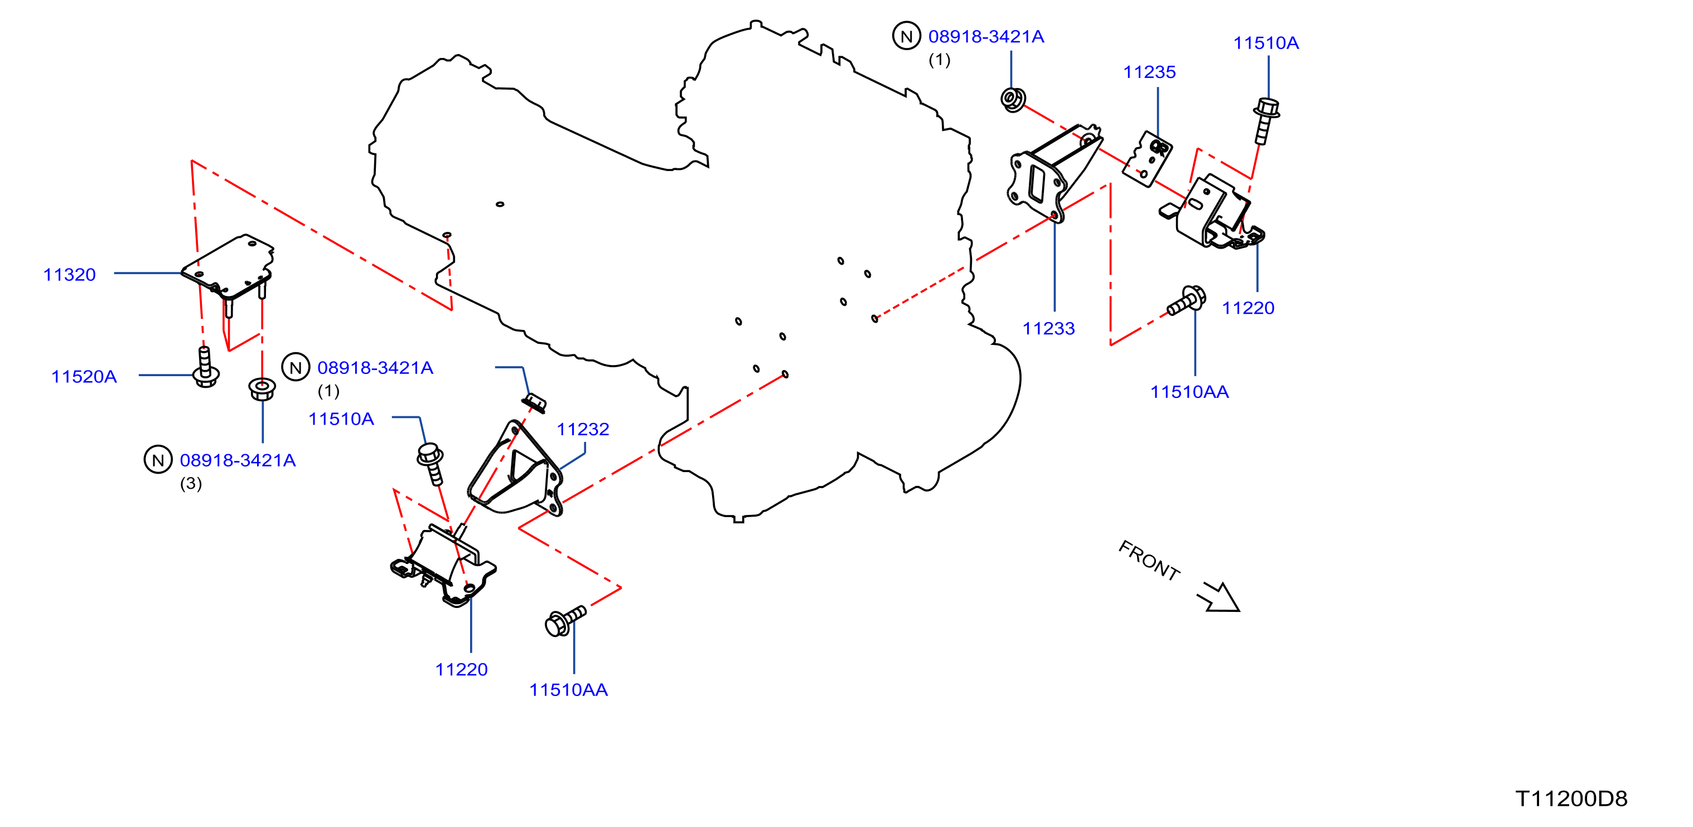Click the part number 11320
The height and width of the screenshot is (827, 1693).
70,275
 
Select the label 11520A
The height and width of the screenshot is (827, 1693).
84,376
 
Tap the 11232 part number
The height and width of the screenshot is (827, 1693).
583,429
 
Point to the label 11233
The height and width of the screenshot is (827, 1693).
1048,328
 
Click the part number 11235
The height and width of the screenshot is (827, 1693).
1149,72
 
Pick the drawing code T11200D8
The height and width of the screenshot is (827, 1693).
1571,799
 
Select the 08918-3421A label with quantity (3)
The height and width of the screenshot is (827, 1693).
238,460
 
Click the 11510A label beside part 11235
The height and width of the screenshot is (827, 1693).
1266,43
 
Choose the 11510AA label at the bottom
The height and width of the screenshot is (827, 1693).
568,690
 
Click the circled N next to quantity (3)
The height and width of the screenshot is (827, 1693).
158,460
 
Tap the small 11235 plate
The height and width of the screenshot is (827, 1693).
1148,158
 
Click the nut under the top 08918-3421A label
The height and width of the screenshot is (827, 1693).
1013,99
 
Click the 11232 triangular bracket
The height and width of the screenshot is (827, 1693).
516,468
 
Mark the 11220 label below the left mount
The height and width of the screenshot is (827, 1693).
461,669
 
